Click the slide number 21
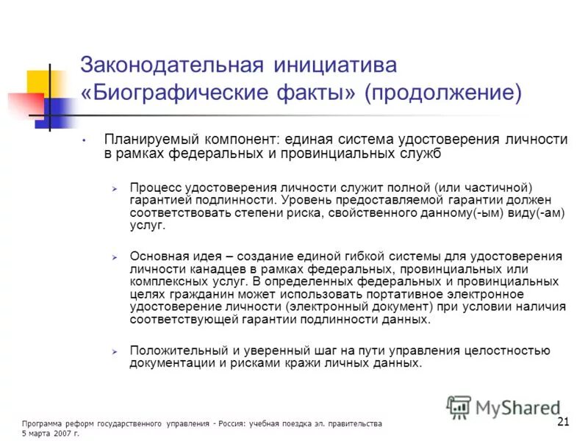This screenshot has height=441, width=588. tap(564, 421)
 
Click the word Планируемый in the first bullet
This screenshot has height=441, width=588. tap(144, 140)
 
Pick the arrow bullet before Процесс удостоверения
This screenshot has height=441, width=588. tap(115, 188)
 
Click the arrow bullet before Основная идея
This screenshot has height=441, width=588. tap(115, 257)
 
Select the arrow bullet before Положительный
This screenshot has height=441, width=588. tap(115, 351)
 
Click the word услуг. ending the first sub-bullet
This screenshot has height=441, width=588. tap(148, 226)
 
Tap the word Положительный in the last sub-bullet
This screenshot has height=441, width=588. tap(176, 350)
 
